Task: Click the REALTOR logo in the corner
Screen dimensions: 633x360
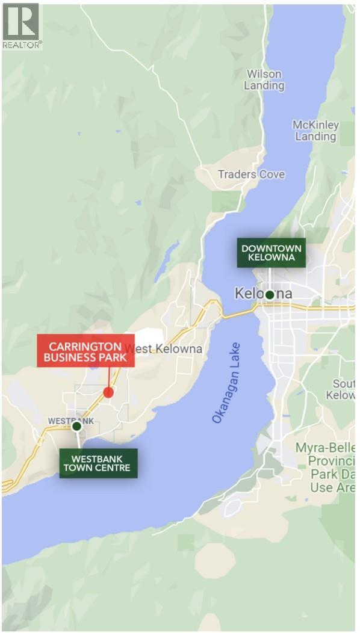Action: [22, 26]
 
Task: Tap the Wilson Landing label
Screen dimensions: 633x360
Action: [264, 79]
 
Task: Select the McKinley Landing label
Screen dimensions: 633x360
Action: [315, 131]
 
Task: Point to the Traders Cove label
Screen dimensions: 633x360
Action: [251, 174]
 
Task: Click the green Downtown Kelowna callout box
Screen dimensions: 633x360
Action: [271, 253]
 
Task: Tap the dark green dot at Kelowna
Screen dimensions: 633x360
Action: [270, 294]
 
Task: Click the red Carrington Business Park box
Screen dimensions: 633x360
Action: [85, 351]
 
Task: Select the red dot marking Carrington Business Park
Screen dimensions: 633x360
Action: [108, 392]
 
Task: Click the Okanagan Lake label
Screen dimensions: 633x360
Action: [226, 383]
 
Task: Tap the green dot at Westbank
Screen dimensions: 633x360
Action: [76, 426]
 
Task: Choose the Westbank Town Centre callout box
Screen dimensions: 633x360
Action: [98, 463]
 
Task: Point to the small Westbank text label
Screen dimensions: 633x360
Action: [70, 421]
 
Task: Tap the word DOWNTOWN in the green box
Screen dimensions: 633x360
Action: [271, 248]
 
